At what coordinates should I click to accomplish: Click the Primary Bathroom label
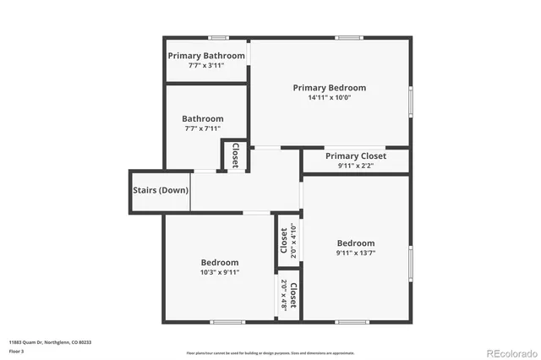[x=206, y=56]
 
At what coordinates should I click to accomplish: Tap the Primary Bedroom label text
[x=330, y=87]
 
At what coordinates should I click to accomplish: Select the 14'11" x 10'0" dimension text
[x=330, y=97]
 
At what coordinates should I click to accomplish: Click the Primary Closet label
[x=356, y=156]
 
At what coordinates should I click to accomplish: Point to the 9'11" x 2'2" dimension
[x=356, y=166]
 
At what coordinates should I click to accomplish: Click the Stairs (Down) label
[x=161, y=190]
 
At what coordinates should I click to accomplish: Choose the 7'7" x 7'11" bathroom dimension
[x=204, y=128]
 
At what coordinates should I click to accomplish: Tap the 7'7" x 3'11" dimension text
[x=206, y=66]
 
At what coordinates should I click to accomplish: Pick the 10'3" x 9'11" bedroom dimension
[x=220, y=272]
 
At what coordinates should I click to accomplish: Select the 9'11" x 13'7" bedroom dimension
[x=355, y=253]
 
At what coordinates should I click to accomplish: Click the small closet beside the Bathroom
[x=235, y=155]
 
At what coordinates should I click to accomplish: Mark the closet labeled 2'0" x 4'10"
[x=288, y=240]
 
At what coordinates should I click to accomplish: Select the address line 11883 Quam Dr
[x=51, y=342]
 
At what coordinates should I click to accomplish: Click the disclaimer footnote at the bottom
[x=270, y=352]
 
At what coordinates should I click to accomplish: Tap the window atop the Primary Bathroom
[x=219, y=38]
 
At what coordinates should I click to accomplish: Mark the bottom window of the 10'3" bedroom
[x=227, y=321]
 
